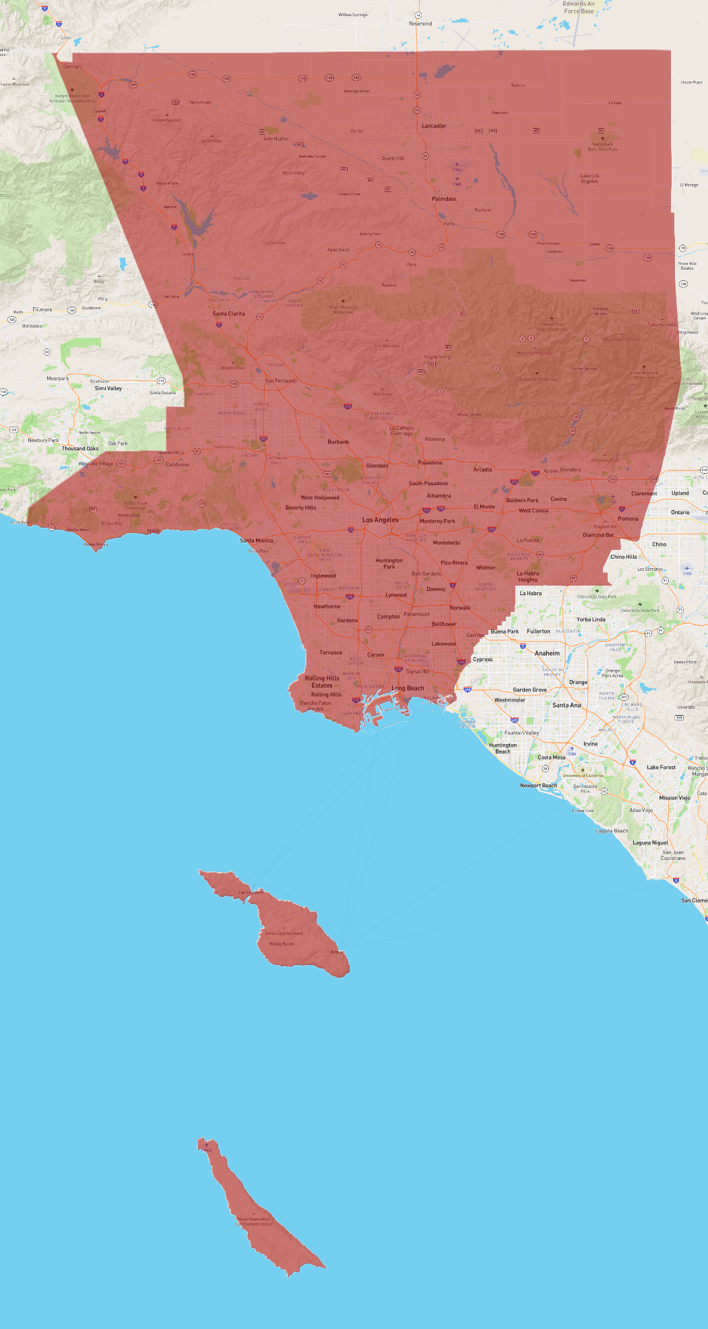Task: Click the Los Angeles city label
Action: tap(381, 520)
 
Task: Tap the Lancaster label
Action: tap(434, 126)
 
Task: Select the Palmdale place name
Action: tap(444, 199)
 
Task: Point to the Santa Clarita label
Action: tap(228, 313)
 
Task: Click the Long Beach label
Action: tap(408, 688)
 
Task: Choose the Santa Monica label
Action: tap(257, 540)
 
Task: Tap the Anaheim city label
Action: tap(547, 653)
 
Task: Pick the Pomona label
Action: tap(628, 519)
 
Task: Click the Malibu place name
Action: tap(154, 531)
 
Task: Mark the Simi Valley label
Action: tap(108, 388)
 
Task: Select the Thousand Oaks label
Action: tap(80, 448)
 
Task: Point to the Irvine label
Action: tap(591, 744)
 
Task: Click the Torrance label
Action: tap(331, 652)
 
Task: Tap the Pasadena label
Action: tap(430, 462)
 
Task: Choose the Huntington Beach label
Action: tap(503, 748)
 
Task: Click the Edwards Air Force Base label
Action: tap(579, 7)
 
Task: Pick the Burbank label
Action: tap(338, 442)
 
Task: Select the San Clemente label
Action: tap(695, 900)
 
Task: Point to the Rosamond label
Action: tap(420, 24)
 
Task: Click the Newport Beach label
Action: tap(538, 785)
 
